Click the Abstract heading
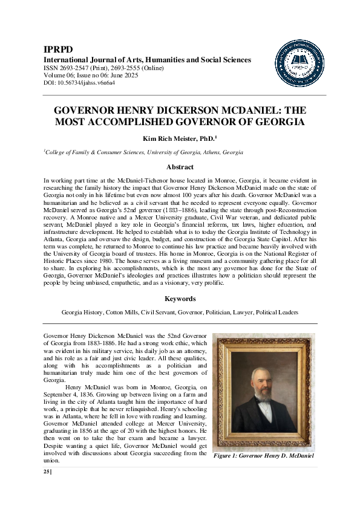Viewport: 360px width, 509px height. pos(180,167)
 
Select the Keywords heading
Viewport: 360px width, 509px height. pos(180,299)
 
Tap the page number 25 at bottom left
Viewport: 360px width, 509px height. pos(47,472)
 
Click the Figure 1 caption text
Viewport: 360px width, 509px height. pos(263,456)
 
